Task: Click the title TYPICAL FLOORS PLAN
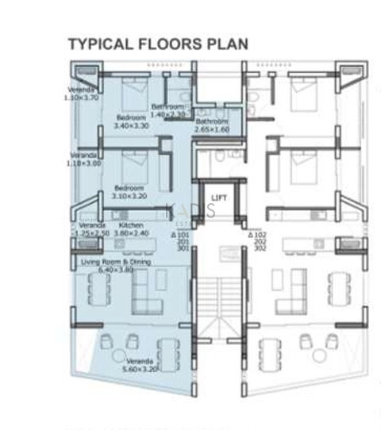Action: [158, 44]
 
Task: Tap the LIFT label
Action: [219, 198]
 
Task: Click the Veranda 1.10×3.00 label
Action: [85, 159]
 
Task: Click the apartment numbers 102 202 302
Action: [259, 242]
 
